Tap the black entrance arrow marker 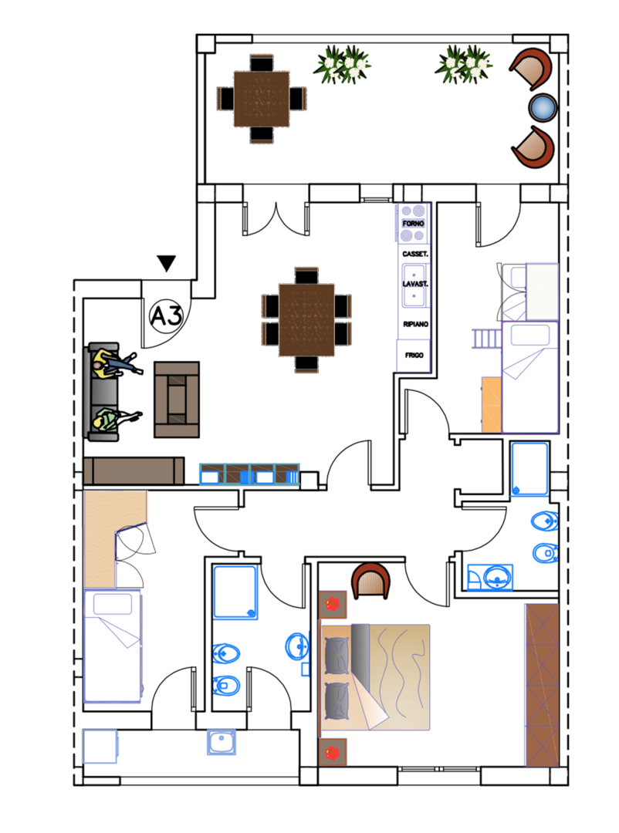pyautogui.click(x=167, y=262)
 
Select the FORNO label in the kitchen pyautogui.click(x=413, y=223)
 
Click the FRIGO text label pyautogui.click(x=414, y=355)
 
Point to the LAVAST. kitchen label pyautogui.click(x=414, y=284)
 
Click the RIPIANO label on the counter pyautogui.click(x=415, y=324)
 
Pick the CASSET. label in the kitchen pyautogui.click(x=414, y=254)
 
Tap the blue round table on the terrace pyautogui.click(x=543, y=106)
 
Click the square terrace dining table pyautogui.click(x=262, y=99)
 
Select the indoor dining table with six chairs pyautogui.click(x=306, y=320)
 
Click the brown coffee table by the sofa pyautogui.click(x=177, y=400)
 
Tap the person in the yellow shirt pyautogui.click(x=116, y=364)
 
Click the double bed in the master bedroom pyautogui.click(x=375, y=677)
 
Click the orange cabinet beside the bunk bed pyautogui.click(x=492, y=404)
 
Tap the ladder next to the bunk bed pyautogui.click(x=486, y=339)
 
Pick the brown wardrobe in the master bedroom pyautogui.click(x=542, y=685)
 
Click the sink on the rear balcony pyautogui.click(x=222, y=742)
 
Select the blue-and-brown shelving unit pyautogui.click(x=249, y=474)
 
